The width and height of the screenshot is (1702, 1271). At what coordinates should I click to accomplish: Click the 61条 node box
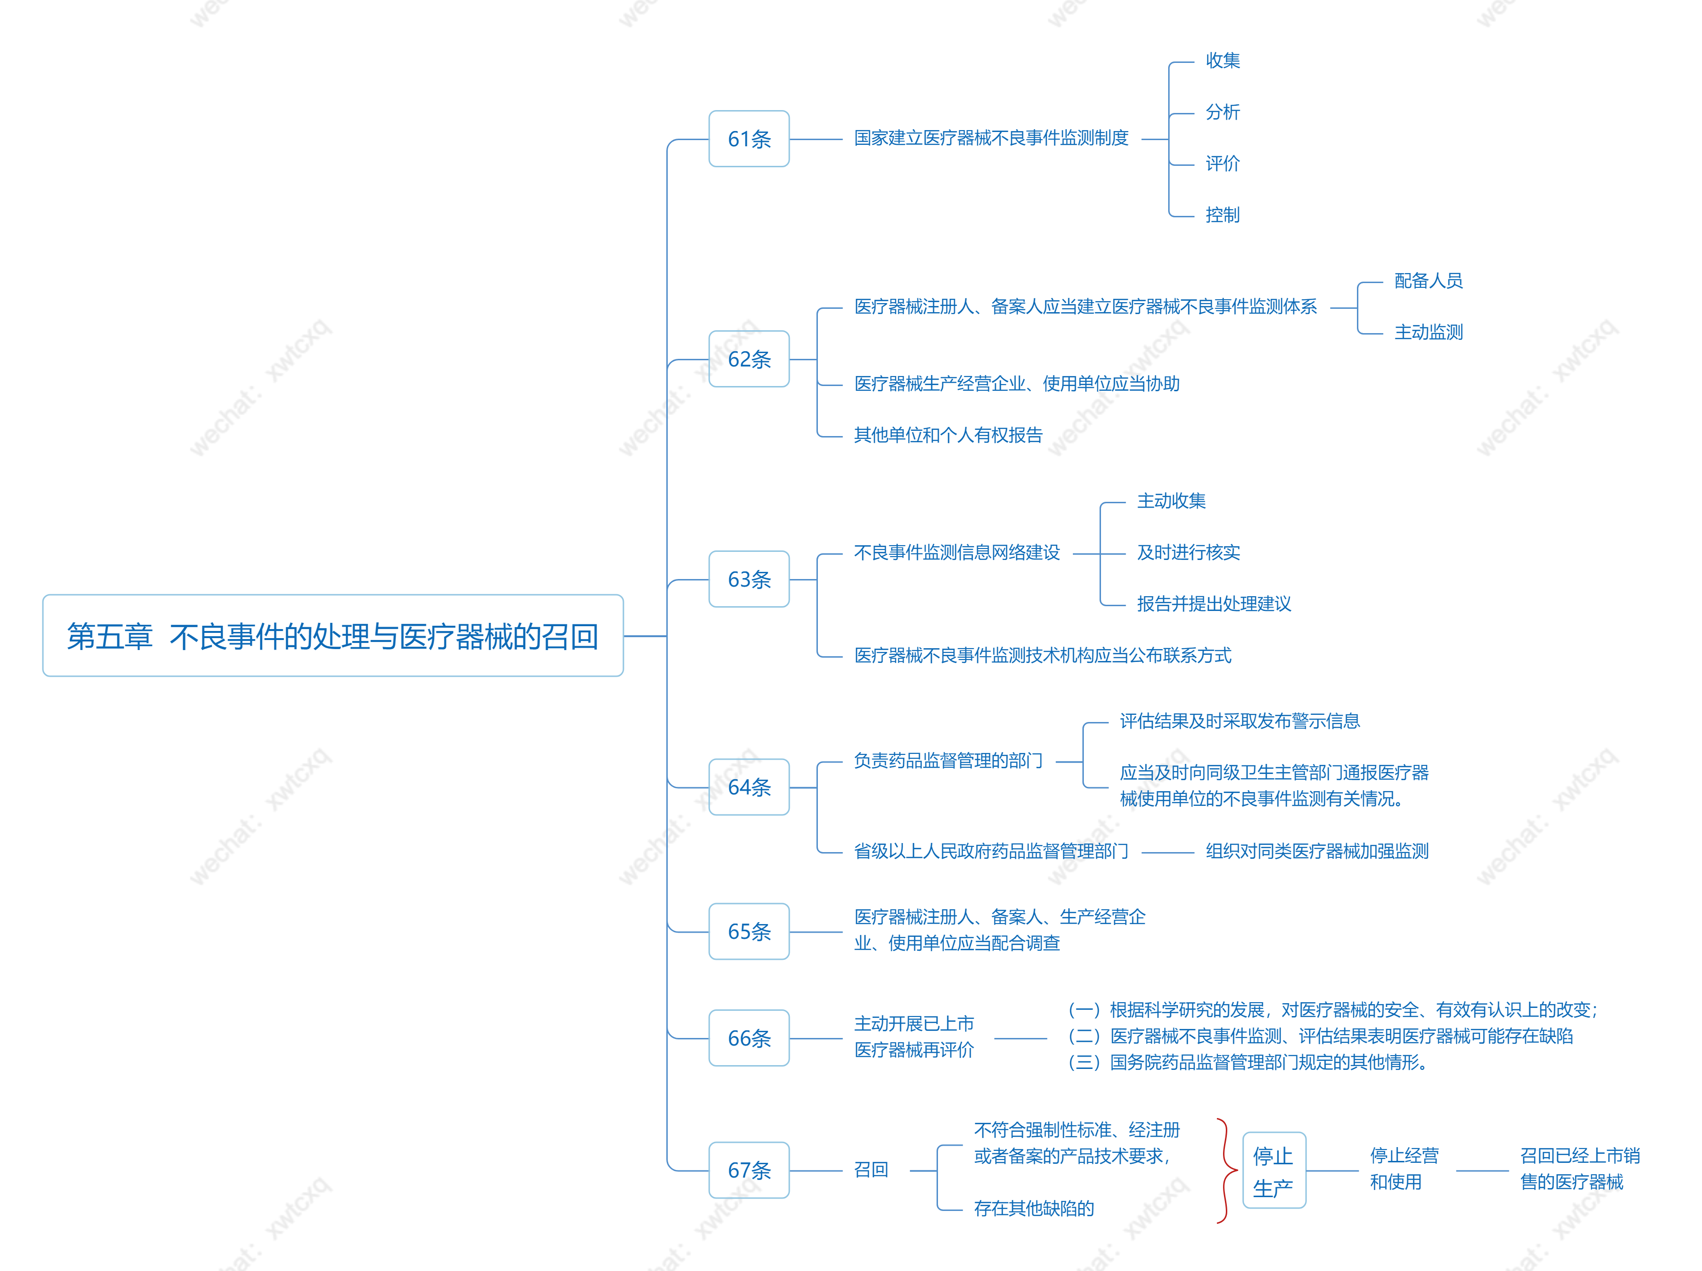(x=749, y=139)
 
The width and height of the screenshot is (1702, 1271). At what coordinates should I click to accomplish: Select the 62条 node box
(x=749, y=358)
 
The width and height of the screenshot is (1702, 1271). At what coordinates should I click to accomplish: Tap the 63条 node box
(x=749, y=579)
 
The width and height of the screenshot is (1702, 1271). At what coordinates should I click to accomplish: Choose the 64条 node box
(x=749, y=786)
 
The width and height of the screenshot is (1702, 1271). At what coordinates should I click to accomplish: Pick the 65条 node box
(x=749, y=931)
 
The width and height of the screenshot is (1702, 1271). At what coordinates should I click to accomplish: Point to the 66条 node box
(x=749, y=1038)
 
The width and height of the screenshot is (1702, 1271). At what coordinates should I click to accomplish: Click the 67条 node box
(x=749, y=1169)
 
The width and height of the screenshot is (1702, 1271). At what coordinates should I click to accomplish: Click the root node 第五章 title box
(x=333, y=636)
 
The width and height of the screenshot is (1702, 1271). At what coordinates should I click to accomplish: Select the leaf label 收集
(x=1223, y=60)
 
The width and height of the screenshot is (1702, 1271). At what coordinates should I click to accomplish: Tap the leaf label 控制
(x=1223, y=214)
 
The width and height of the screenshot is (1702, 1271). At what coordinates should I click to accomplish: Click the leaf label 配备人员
(x=1428, y=281)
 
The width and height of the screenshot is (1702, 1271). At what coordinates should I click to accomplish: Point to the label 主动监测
(x=1428, y=332)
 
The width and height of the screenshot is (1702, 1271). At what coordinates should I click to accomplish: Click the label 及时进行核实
(x=1188, y=552)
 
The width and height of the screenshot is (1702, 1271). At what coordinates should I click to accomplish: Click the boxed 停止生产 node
(x=1274, y=1169)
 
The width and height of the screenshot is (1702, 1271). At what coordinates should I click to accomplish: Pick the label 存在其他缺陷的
(x=1033, y=1208)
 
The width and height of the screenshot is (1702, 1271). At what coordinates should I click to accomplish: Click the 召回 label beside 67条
(x=871, y=1169)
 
